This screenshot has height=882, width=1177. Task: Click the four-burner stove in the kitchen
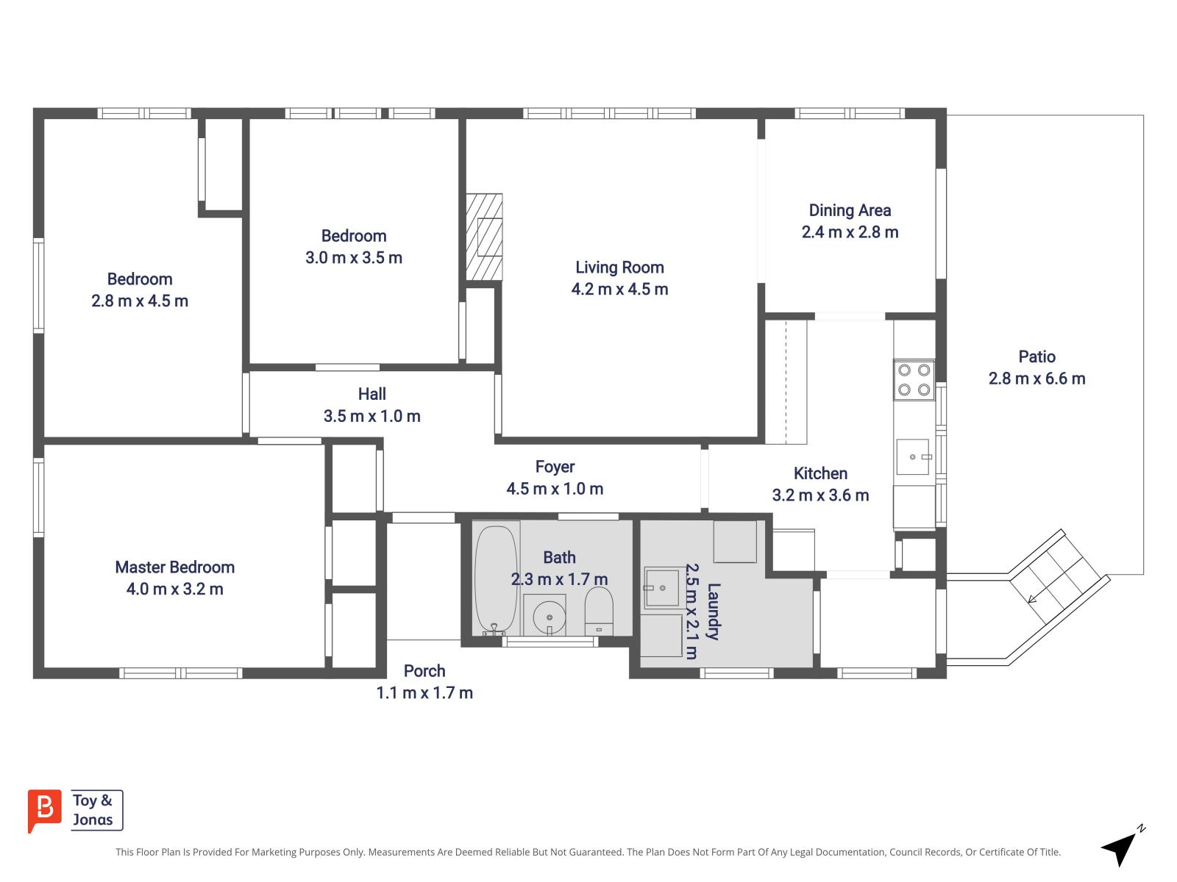(x=913, y=380)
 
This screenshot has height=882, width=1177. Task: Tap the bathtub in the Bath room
(x=496, y=579)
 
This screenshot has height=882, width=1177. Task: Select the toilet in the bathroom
(x=598, y=611)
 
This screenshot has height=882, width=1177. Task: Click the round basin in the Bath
(x=549, y=617)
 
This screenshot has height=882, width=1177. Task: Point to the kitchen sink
(x=912, y=456)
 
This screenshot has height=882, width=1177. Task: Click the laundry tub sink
(x=661, y=588)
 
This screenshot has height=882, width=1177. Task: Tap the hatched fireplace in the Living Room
(x=483, y=237)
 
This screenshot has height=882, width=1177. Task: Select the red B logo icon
(x=45, y=810)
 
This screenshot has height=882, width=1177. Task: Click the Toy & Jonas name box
(x=97, y=810)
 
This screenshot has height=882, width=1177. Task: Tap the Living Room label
(x=619, y=268)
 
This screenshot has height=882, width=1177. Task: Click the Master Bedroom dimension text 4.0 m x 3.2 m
(x=175, y=589)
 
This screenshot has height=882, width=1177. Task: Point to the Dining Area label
(x=850, y=210)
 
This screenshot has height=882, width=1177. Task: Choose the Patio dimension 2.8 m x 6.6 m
(x=1036, y=379)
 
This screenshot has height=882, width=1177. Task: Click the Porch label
(x=424, y=671)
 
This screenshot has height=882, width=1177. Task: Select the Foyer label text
(x=555, y=467)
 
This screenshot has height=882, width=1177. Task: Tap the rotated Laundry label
(x=713, y=612)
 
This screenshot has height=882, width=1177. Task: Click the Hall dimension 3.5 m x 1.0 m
(x=371, y=416)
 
